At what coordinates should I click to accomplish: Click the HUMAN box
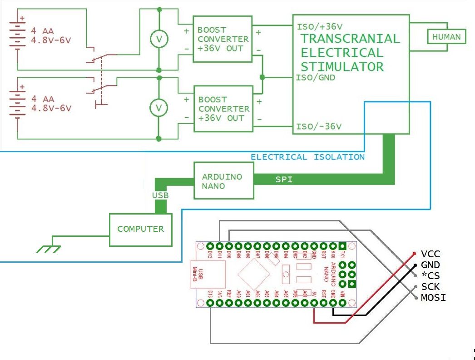pos(446,37)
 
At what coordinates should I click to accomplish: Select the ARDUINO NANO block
pos(223,181)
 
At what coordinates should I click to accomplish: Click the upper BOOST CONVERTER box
pos(222,39)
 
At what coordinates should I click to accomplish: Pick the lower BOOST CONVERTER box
pos(223,109)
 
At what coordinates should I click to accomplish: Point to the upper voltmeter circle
pos(159,40)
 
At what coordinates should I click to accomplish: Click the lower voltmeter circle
pos(159,108)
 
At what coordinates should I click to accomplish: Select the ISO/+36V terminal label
pos(319,26)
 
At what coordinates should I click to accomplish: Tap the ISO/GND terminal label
pos(316,78)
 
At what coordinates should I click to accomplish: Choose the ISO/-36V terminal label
pos(319,126)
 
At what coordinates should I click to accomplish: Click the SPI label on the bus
pos(284,180)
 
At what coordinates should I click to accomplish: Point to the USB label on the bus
pos(160,195)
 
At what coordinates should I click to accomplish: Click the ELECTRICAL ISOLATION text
pos(307,157)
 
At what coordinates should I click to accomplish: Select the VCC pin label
pos(430,254)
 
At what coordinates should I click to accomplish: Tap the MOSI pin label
pos(433,298)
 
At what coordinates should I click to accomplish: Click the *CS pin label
pos(430,276)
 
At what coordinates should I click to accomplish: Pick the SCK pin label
pos(430,287)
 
